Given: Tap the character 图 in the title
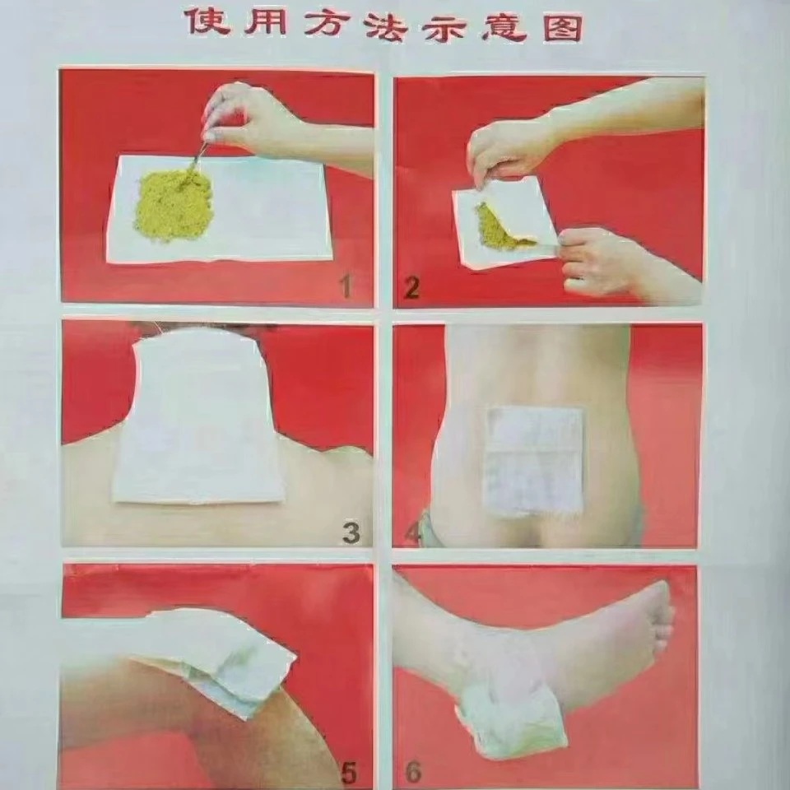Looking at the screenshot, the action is click(x=563, y=27).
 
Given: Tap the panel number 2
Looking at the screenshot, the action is click(x=411, y=288).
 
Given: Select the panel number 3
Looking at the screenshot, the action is click(x=351, y=533).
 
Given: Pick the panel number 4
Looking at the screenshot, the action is click(x=412, y=535).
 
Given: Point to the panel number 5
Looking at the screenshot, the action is click(x=349, y=773).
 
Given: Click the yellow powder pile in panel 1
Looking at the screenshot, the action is click(x=173, y=203).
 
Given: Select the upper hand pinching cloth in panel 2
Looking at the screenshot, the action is click(x=509, y=146).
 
